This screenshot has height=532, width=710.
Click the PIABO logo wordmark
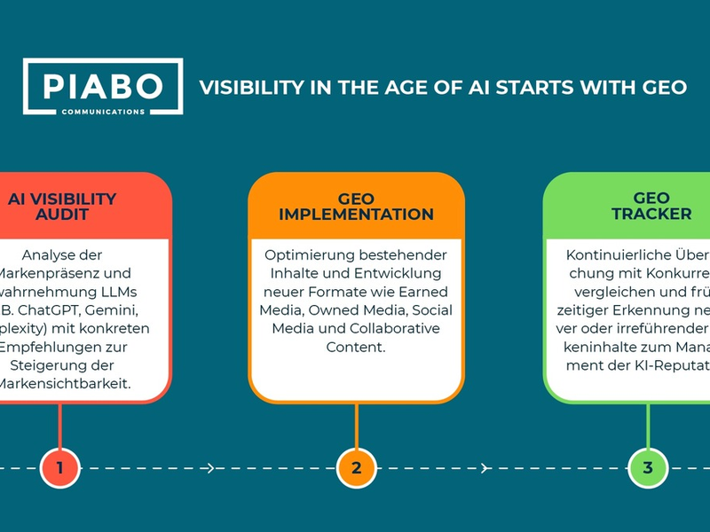point(103,85)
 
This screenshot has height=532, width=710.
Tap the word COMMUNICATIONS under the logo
point(103,112)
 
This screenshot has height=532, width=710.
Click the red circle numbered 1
point(59,468)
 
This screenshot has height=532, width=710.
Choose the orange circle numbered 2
point(356,468)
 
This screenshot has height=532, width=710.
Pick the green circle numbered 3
point(648,468)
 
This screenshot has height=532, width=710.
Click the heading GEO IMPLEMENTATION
point(356,207)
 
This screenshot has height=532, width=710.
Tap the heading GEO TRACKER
point(651,207)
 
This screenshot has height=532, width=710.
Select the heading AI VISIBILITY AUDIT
point(61,207)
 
